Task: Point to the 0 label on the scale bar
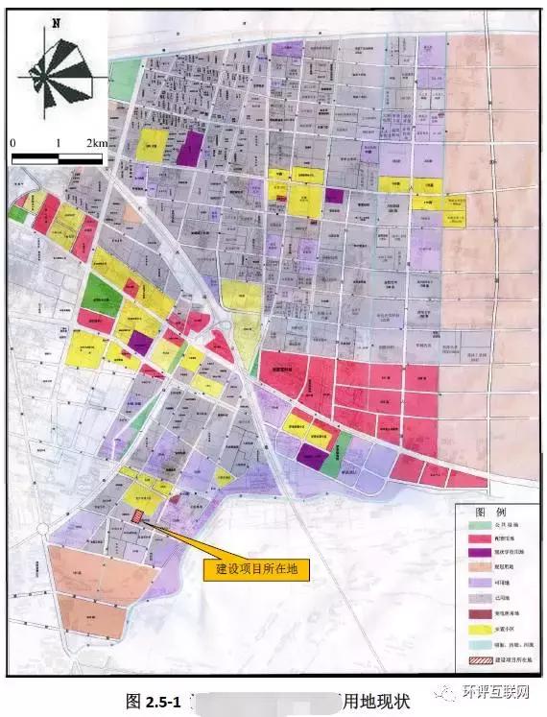[14, 142]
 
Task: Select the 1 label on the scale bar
[59, 142]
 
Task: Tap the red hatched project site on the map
[139, 515]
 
